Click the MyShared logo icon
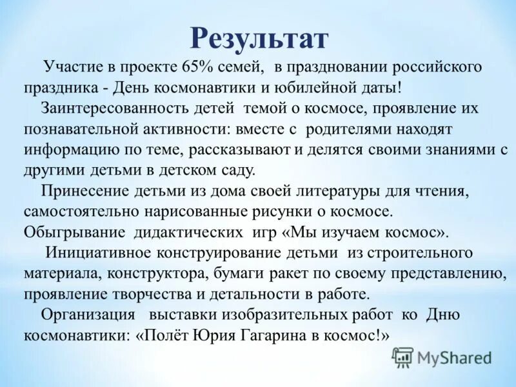pyautogui.click(x=402, y=357)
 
